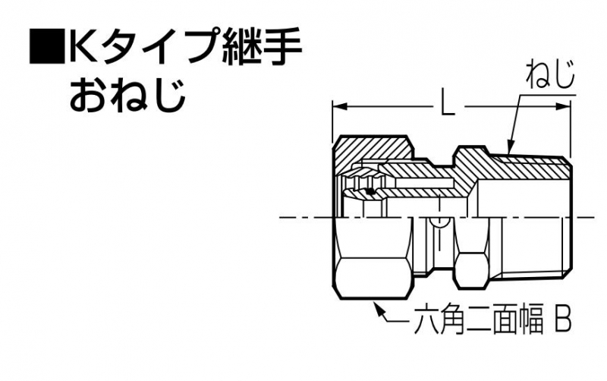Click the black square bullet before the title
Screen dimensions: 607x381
click(x=47, y=46)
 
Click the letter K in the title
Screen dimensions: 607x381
click(x=83, y=46)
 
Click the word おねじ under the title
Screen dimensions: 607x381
click(x=127, y=93)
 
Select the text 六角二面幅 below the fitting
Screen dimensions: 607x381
click(x=479, y=320)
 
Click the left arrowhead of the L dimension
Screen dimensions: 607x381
click(x=339, y=106)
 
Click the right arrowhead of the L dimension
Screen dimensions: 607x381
click(x=564, y=106)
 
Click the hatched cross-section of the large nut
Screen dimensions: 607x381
click(x=372, y=149)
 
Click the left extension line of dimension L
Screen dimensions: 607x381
click(x=332, y=122)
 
